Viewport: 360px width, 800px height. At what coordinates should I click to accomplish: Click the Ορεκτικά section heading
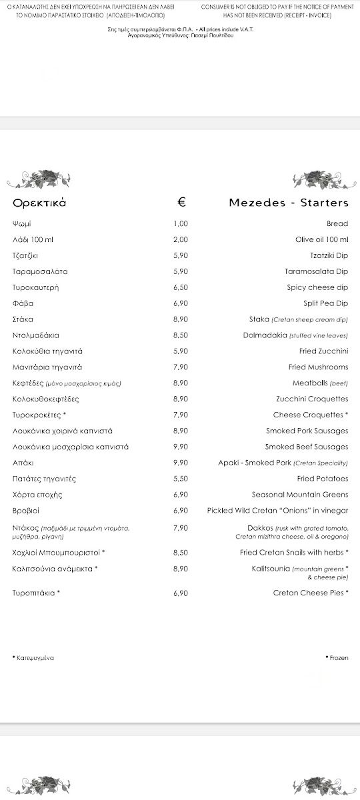pyautogui.click(x=39, y=203)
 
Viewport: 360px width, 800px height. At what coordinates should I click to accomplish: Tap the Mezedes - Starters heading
pyautogui.click(x=288, y=203)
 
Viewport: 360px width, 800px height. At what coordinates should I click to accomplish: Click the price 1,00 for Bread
pyautogui.click(x=181, y=224)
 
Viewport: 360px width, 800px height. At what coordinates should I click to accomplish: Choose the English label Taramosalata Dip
pyautogui.click(x=316, y=272)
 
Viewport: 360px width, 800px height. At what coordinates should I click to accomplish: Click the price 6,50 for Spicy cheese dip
pyautogui.click(x=181, y=288)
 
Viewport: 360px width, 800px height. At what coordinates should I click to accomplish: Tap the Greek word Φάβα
pyautogui.click(x=23, y=304)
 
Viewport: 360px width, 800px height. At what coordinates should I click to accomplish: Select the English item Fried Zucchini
pyautogui.click(x=323, y=351)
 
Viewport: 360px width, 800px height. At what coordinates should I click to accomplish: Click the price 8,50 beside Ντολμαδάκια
pyautogui.click(x=181, y=335)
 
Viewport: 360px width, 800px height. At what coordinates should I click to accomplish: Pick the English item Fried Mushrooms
pyautogui.click(x=318, y=367)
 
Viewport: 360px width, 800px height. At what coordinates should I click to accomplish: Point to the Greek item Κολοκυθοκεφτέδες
pyautogui.click(x=46, y=399)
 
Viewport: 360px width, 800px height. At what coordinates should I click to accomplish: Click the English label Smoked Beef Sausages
pyautogui.click(x=306, y=447)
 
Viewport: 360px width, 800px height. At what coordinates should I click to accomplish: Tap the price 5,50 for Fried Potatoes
pyautogui.click(x=181, y=479)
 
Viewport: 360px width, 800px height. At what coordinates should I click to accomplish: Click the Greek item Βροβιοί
pyautogui.click(x=27, y=511)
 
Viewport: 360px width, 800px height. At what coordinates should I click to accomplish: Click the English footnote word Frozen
pyautogui.click(x=339, y=658)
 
